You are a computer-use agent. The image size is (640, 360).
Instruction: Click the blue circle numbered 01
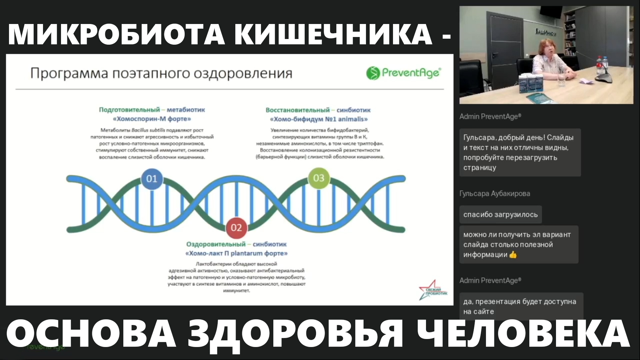coord(152,179)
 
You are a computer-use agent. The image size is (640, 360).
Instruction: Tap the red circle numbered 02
coord(236,228)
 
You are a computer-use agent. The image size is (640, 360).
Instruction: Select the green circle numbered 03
coord(319,178)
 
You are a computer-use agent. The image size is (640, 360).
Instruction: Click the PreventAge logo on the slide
coord(404,73)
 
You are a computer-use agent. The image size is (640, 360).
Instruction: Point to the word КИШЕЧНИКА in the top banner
coord(333,34)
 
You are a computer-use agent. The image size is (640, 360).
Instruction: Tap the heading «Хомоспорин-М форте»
coord(152,119)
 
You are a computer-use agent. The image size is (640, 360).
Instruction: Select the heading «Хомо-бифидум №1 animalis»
coord(319,119)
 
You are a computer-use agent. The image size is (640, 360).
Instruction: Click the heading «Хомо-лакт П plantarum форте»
coord(236,253)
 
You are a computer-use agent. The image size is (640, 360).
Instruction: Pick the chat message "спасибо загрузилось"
coord(500,215)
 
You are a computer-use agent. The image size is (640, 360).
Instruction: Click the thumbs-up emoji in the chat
coord(513,255)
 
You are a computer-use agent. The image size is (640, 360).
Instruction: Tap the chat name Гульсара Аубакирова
coord(494,194)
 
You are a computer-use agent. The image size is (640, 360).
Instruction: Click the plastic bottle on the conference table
coord(600,67)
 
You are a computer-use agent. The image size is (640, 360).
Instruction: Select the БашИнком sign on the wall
coord(545,32)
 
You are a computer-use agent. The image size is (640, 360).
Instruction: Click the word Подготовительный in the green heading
coord(129,110)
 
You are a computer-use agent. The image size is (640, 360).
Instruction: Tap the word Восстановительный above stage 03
coord(297,110)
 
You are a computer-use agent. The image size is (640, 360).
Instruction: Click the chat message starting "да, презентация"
coord(519,306)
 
